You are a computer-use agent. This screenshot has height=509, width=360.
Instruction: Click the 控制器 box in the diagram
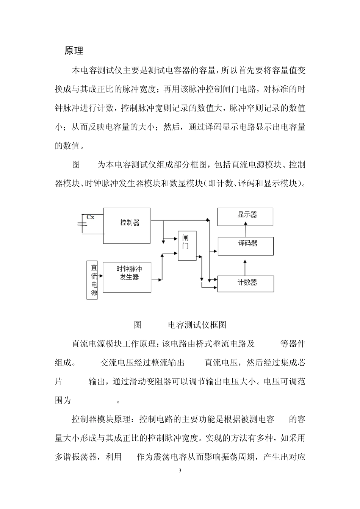[127, 225]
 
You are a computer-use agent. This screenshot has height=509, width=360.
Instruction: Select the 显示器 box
[245, 217]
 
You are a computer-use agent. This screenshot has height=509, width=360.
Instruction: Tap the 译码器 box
[245, 246]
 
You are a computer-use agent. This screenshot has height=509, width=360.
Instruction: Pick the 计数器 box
[245, 284]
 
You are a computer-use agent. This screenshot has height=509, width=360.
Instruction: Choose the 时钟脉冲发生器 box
[127, 277]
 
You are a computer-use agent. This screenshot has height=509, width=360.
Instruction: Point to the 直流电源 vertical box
[92, 280]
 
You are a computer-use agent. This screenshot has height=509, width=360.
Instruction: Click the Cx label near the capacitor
[91, 217]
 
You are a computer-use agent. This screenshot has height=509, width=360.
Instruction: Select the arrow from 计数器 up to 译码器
[246, 267]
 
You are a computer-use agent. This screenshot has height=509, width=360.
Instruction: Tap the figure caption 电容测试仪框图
[197, 325]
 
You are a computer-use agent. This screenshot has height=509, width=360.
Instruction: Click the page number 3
[180, 471]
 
